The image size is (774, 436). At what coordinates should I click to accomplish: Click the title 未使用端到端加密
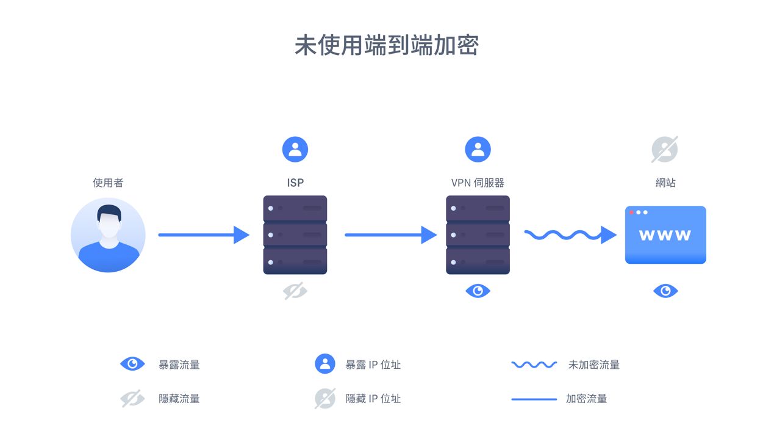(387, 46)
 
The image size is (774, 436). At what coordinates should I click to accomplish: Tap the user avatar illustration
(108, 234)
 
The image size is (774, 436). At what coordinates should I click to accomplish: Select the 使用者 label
(108, 183)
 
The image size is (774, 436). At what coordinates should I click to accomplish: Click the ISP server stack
(295, 235)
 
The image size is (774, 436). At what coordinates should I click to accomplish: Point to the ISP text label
(295, 183)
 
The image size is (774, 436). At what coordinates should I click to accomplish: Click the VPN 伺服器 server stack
(478, 235)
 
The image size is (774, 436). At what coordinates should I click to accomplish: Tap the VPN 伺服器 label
(478, 183)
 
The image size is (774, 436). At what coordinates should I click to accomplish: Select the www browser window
(665, 235)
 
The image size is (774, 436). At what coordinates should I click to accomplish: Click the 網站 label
(665, 183)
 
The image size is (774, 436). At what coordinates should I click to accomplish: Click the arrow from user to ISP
(204, 234)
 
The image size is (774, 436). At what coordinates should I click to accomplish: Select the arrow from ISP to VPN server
(391, 234)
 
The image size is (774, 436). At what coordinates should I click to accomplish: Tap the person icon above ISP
(295, 150)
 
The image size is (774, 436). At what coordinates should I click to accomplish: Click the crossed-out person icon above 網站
(665, 150)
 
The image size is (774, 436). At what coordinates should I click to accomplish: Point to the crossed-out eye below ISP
(295, 291)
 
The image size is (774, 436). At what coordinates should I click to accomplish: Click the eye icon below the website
(665, 291)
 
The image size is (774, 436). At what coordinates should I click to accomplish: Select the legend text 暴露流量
(179, 365)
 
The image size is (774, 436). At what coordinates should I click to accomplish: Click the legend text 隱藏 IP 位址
(373, 399)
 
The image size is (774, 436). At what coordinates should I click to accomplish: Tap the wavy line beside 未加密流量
(534, 365)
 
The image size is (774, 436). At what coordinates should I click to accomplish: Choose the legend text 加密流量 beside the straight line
(586, 399)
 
